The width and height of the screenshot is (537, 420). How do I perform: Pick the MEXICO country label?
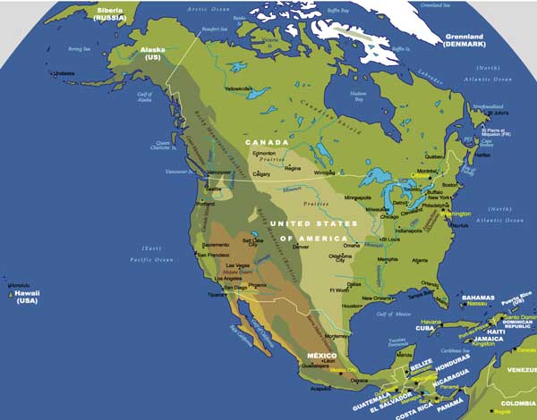pyautogui.click(x=321, y=357)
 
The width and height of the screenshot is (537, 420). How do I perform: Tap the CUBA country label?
pyautogui.click(x=423, y=328)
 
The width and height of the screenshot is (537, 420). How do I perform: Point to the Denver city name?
pyautogui.click(x=301, y=246)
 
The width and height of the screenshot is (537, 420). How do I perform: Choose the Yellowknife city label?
pyautogui.click(x=238, y=89)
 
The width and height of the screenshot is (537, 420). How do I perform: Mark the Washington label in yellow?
pyautogui.click(x=455, y=214)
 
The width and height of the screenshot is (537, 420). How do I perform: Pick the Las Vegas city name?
pyautogui.click(x=237, y=266)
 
